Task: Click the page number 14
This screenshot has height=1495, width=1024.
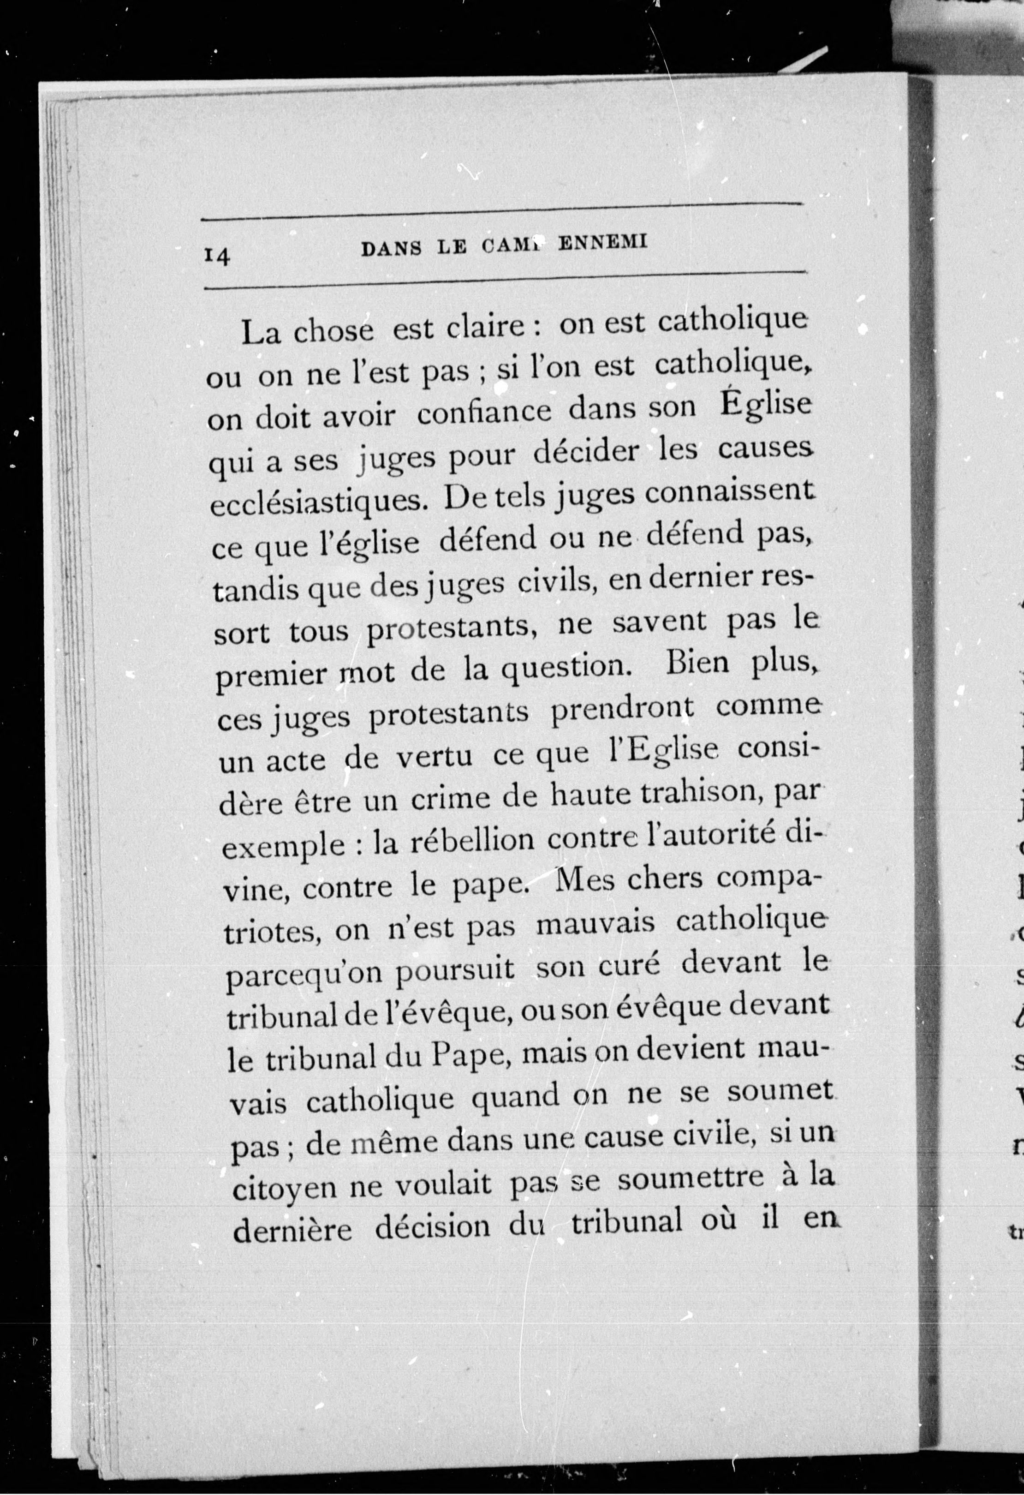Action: pos(217,256)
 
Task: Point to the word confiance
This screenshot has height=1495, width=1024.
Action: pos(484,412)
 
